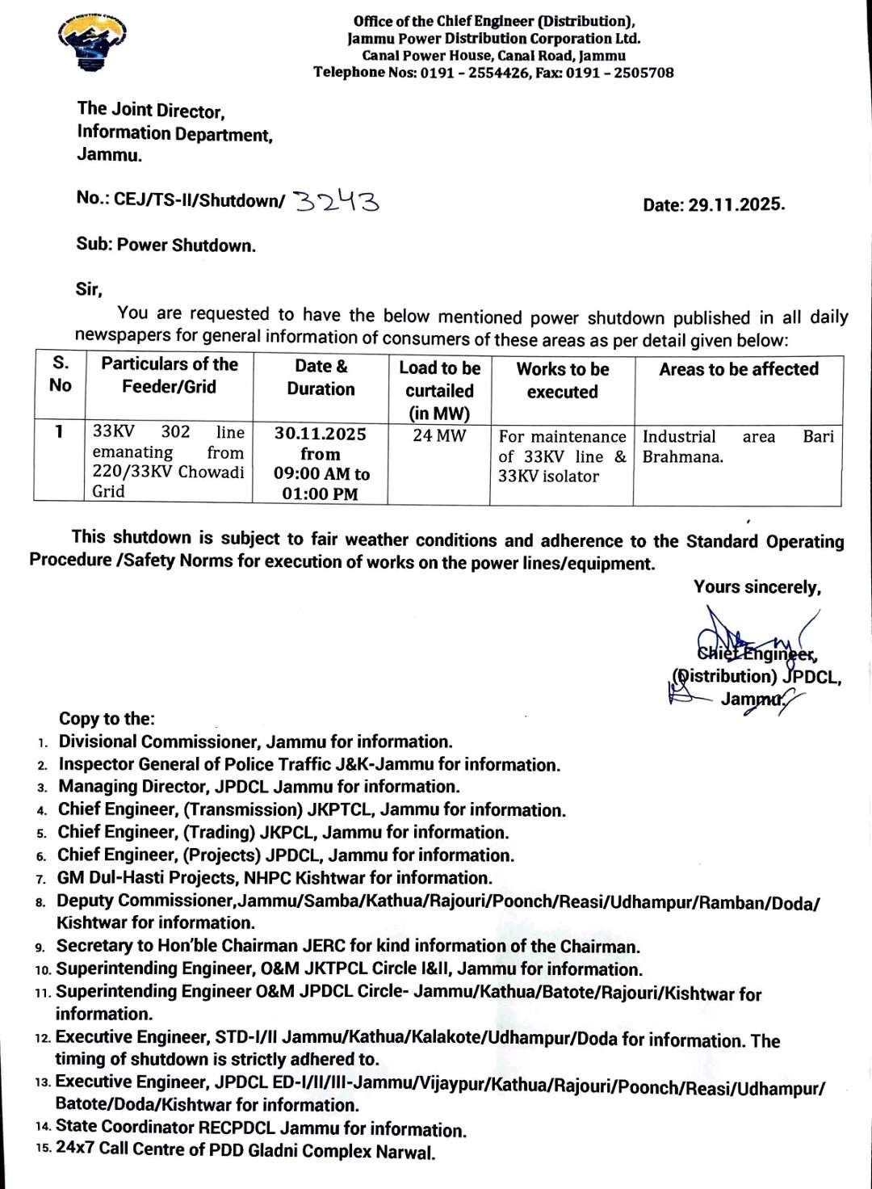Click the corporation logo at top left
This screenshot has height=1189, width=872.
point(93,44)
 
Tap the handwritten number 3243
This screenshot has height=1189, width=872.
point(336,200)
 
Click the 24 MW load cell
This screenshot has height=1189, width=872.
point(438,437)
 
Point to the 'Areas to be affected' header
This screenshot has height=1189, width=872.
point(738,369)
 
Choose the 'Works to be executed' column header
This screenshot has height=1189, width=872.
point(562,380)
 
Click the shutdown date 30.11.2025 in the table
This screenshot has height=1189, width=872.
point(321,434)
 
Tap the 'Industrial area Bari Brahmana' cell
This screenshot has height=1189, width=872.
point(738,447)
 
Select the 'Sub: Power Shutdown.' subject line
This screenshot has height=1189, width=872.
point(166,245)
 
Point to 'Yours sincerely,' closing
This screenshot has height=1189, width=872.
point(757,587)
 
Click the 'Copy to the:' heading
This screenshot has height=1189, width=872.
point(107,719)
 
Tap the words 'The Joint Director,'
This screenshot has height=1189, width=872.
point(151,110)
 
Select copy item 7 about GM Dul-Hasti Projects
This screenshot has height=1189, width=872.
point(274,877)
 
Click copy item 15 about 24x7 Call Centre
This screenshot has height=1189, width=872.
point(245,1150)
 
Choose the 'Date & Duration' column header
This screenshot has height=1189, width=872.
point(321,377)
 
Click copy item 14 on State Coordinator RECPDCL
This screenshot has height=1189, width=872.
point(261,1128)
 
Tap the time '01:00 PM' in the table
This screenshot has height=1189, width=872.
point(321,494)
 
